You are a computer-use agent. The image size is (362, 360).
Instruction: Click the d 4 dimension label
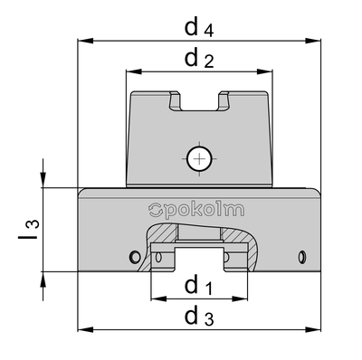coord(199,27)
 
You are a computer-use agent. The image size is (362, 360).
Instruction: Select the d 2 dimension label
coord(199,58)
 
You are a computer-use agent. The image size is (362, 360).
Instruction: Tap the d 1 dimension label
coord(198,285)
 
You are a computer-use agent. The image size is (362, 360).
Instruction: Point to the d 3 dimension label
coord(199,317)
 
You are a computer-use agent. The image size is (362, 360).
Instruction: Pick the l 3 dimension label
coord(29,229)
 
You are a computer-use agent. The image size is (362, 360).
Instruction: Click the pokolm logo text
coord(196,210)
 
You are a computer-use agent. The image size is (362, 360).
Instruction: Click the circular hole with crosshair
coord(199,158)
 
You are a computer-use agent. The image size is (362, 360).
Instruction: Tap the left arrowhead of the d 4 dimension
coord(85,41)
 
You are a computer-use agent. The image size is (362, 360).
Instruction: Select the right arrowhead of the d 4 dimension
coord(313,41)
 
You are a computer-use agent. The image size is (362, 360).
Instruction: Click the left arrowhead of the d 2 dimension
coord(134,71)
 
